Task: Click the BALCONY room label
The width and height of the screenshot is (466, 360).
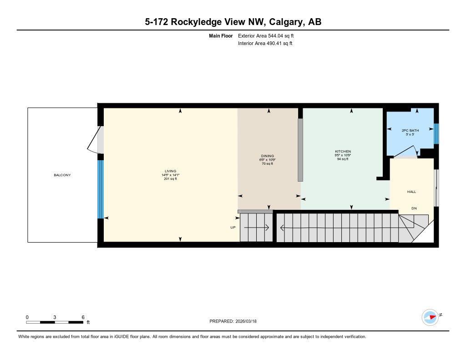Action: (x=62, y=175)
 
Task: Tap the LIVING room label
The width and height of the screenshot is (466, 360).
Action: (x=170, y=171)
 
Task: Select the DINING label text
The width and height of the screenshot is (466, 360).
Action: (x=267, y=156)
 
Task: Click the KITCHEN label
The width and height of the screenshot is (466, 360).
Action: (x=343, y=152)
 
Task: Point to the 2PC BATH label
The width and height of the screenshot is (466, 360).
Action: (x=410, y=131)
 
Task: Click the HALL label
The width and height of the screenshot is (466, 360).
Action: (x=411, y=192)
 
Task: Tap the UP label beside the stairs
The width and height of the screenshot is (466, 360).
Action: (x=233, y=227)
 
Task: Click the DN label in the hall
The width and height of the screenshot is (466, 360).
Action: (x=414, y=208)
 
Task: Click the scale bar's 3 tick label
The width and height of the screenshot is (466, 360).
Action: (x=55, y=317)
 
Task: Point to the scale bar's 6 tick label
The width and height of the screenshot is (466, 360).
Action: (x=83, y=317)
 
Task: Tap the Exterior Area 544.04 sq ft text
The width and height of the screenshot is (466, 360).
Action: (x=265, y=35)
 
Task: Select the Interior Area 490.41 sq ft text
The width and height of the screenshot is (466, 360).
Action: (x=265, y=44)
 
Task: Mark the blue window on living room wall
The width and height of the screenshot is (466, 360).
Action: (x=101, y=189)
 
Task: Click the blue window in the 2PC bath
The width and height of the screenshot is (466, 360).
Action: (x=436, y=133)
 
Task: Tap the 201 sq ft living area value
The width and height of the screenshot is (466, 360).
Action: (x=170, y=179)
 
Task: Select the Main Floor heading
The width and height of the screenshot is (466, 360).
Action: (x=220, y=35)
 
